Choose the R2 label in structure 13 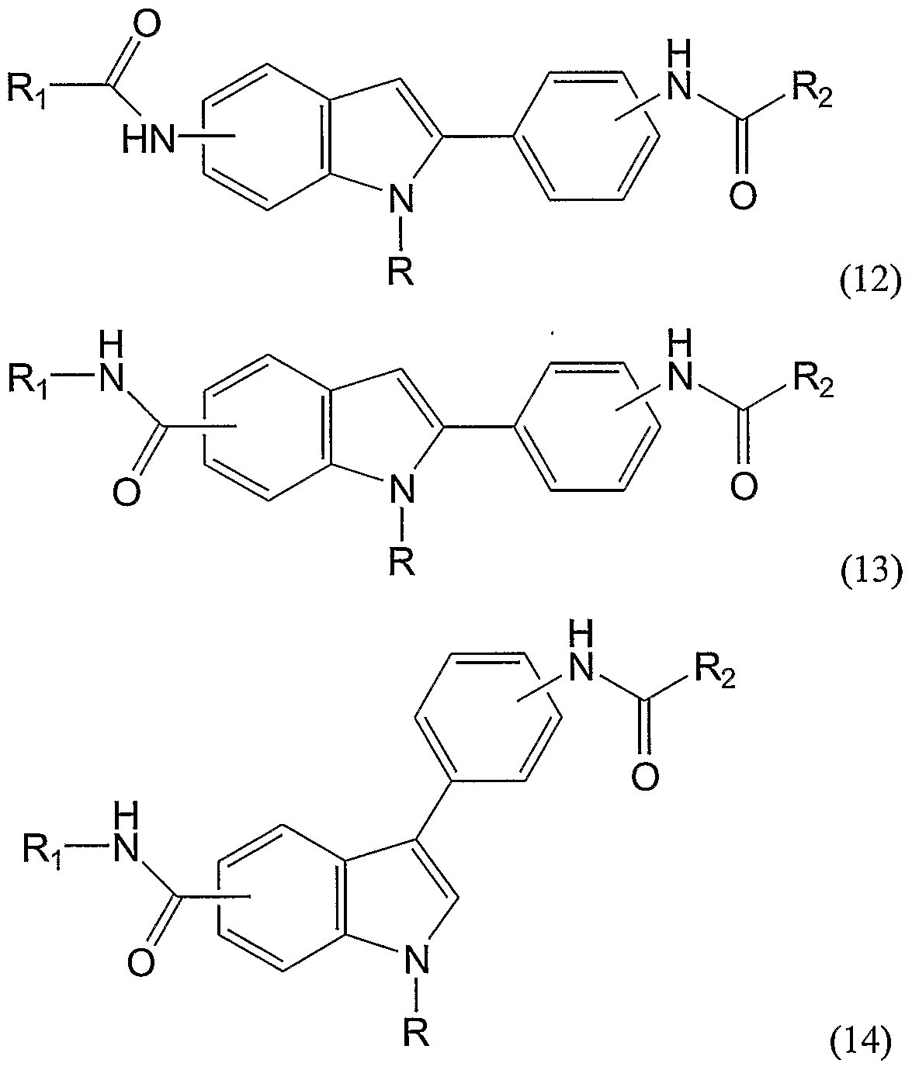(812, 380)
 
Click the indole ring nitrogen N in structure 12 (401, 200)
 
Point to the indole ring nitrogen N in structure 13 (401, 489)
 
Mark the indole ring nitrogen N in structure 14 (418, 961)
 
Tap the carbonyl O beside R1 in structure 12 (147, 25)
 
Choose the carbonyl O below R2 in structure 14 (642, 775)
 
